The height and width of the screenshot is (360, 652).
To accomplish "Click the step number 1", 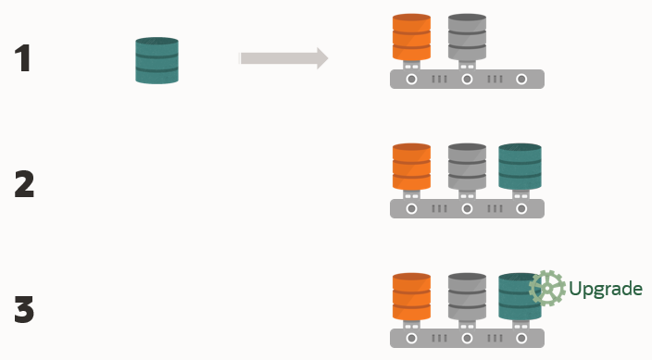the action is click(22, 58).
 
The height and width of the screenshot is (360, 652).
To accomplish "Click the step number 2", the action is click(24, 184).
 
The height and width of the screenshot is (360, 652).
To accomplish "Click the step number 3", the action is click(24, 309).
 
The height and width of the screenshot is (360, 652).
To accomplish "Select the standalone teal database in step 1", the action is click(157, 61).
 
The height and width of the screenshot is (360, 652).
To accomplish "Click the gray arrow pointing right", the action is click(283, 58).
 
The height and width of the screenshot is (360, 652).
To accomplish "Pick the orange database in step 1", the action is click(411, 37).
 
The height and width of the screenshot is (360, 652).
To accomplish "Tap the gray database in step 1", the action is click(468, 37).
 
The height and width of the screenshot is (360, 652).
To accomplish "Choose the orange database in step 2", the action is click(411, 167).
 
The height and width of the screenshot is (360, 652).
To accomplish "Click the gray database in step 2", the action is click(468, 167).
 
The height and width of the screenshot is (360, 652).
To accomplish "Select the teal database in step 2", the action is click(520, 167).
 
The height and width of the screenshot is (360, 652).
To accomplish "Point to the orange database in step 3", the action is click(411, 296).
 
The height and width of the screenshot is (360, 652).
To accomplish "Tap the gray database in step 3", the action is click(468, 296).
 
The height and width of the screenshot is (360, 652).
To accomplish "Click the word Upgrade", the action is click(606, 289).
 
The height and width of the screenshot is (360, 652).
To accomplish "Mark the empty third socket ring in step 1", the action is click(521, 79).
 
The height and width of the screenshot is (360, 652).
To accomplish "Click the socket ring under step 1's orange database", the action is click(411, 79).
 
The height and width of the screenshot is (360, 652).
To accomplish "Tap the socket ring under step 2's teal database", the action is click(521, 208).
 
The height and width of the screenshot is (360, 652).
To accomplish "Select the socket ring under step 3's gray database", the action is click(467, 339).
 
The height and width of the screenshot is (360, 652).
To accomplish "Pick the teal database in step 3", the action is click(520, 296).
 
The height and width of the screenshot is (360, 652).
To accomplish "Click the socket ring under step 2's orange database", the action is click(411, 208).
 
